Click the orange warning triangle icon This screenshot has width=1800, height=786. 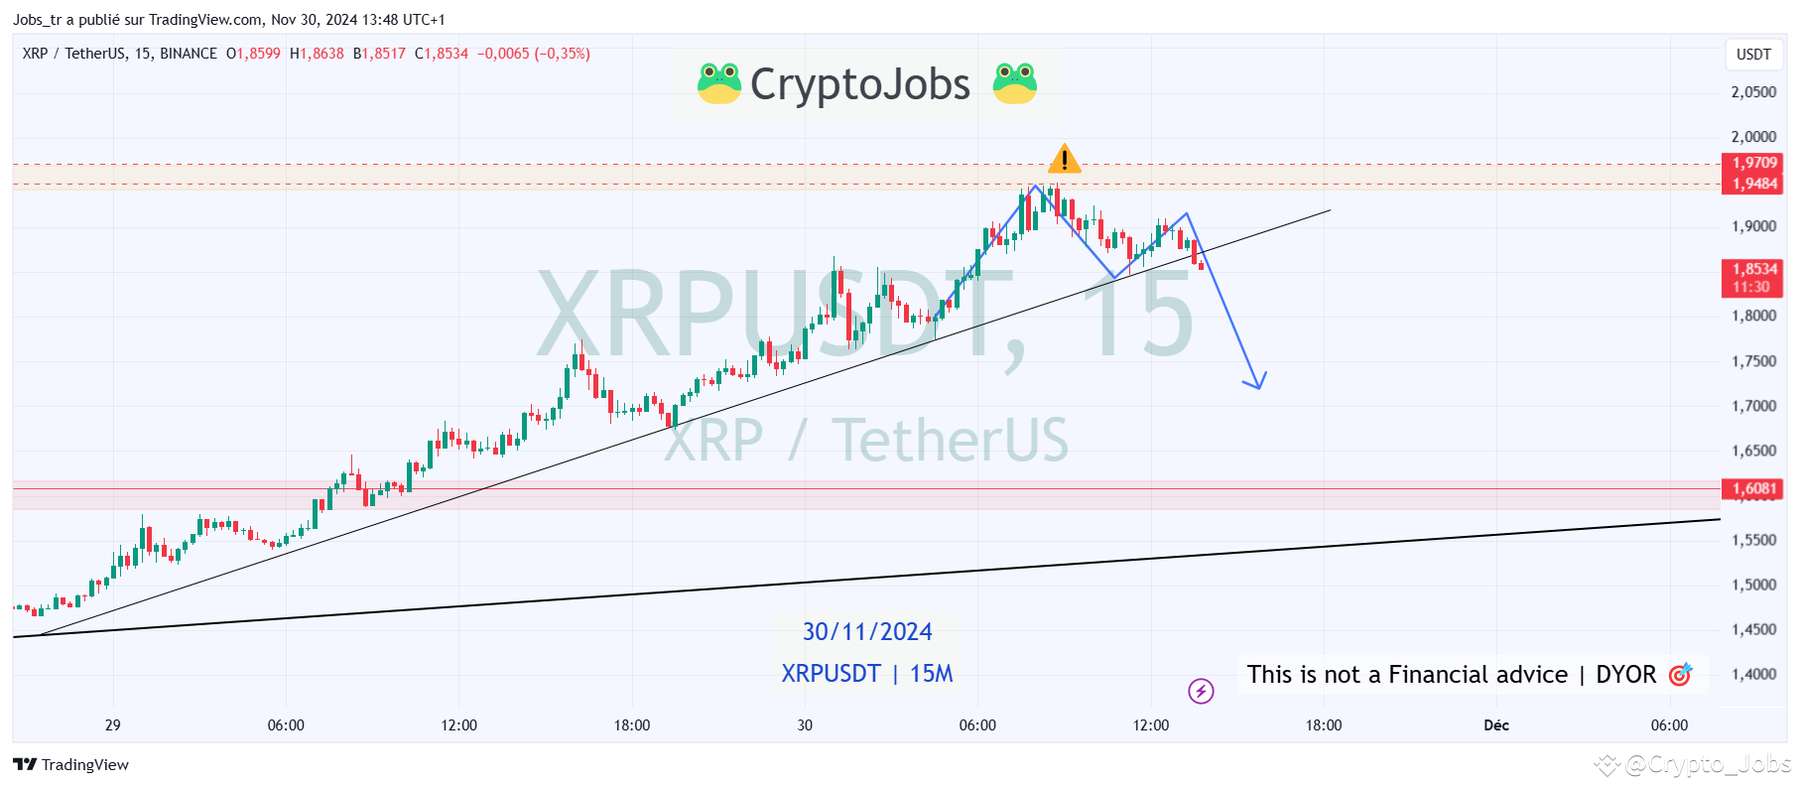coord(1064,159)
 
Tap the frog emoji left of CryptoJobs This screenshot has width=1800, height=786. coord(718,83)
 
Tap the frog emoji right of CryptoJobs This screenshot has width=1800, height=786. coord(1014,83)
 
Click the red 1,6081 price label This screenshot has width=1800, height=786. coord(1753,488)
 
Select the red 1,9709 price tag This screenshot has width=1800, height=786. coord(1753,163)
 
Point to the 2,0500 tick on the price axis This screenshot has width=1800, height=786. coord(1753,92)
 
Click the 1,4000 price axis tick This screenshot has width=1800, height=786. coord(1753,675)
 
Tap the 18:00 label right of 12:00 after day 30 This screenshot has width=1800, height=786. coord(1323,725)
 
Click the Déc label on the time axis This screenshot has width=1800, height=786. coord(1495,725)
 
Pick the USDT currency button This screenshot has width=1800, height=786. coord(1752,55)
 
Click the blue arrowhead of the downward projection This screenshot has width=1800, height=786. coord(1257,382)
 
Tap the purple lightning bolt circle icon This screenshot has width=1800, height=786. coord(1201,691)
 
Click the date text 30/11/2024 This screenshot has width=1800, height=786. coord(867,632)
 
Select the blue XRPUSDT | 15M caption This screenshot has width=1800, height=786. coord(867,674)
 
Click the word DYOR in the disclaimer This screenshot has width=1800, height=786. coord(1625,675)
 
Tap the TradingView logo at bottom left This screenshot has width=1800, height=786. coord(71,764)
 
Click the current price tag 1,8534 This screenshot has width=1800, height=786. coord(1753,269)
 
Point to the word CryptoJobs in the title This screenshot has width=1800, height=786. coord(860,84)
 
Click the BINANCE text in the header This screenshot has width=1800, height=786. coord(189,54)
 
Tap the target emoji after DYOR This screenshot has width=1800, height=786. coord(1680,675)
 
